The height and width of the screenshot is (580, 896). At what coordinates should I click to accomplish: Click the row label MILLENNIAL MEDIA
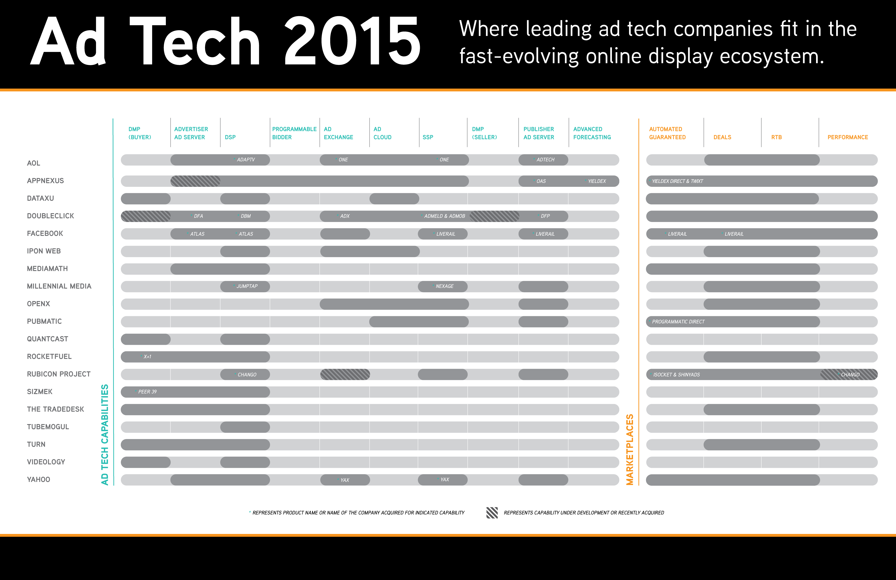click(x=59, y=286)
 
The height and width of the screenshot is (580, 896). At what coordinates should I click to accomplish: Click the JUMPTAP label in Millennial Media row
click(x=247, y=286)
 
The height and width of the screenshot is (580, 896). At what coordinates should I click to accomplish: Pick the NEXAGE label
click(x=445, y=286)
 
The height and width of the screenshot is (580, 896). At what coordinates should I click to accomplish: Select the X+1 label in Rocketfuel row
click(x=147, y=357)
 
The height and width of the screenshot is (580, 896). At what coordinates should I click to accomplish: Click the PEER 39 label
click(x=147, y=392)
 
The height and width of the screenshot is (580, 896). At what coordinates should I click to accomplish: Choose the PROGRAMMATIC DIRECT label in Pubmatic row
click(x=678, y=322)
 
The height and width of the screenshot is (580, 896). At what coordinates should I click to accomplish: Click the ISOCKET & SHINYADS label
click(x=677, y=375)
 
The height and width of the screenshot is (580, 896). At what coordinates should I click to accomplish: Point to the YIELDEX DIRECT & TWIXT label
click(x=677, y=181)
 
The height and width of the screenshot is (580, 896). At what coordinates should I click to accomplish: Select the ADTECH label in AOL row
click(x=546, y=160)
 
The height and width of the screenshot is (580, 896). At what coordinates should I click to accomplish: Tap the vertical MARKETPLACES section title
click(x=629, y=449)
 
